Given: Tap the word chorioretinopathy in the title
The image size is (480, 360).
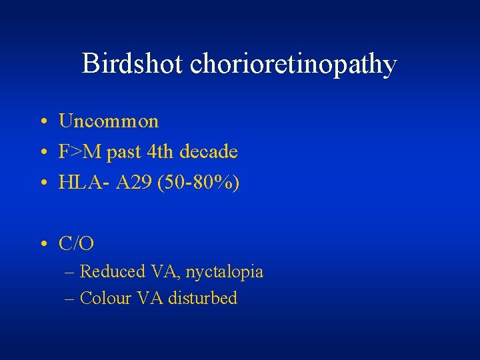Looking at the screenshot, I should tap(293, 65).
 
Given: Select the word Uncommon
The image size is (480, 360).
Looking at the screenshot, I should tap(109, 121).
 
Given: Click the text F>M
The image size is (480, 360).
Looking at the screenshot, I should tap(80, 152).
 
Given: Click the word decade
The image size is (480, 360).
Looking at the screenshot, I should tap(209, 152).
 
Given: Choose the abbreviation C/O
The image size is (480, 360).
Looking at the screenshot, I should tap(77, 244).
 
